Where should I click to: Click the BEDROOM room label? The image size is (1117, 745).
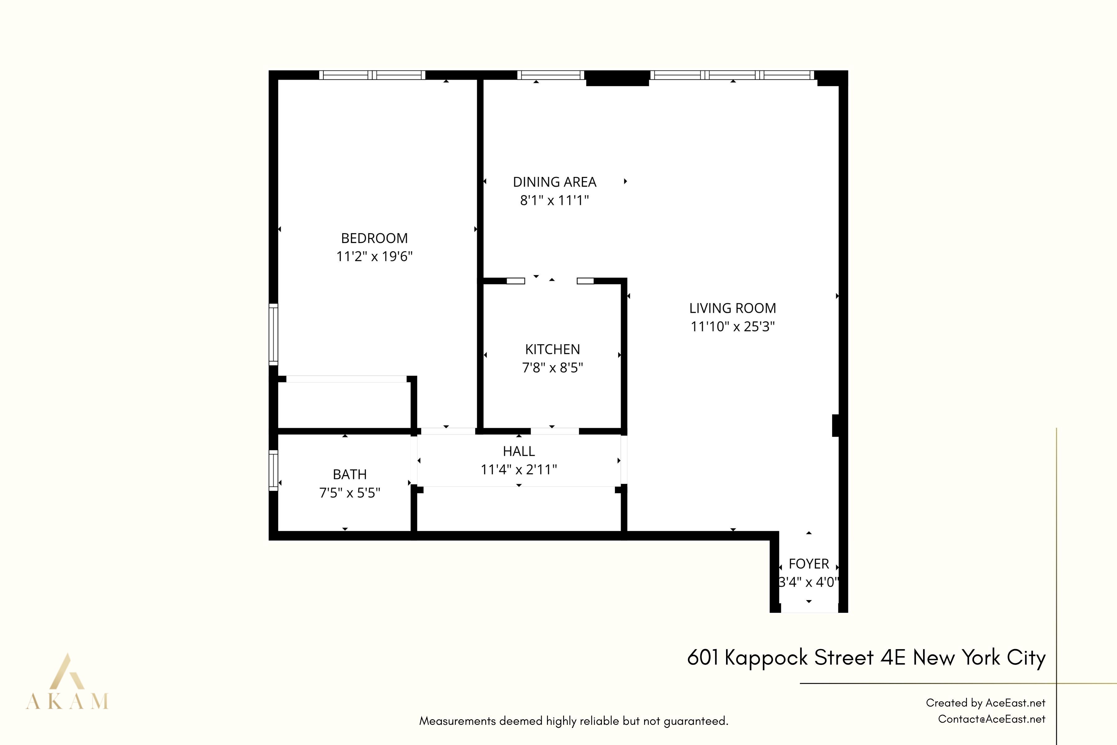click(x=374, y=238)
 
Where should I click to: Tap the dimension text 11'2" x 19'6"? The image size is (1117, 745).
click(x=374, y=257)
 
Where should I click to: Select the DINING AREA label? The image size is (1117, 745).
click(x=554, y=182)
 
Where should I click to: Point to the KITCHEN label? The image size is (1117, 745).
click(x=552, y=349)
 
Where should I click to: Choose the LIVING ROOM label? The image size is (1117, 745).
click(x=732, y=308)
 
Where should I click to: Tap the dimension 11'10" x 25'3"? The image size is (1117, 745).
click(x=732, y=327)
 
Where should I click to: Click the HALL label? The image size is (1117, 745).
click(x=518, y=451)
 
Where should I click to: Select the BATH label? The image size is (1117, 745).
click(x=350, y=474)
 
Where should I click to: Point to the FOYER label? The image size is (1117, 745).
click(x=808, y=564)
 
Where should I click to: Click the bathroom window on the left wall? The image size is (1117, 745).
click(x=273, y=470)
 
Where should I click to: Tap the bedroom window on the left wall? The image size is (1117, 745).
click(x=273, y=334)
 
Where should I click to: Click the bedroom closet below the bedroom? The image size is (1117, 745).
click(x=344, y=405)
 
